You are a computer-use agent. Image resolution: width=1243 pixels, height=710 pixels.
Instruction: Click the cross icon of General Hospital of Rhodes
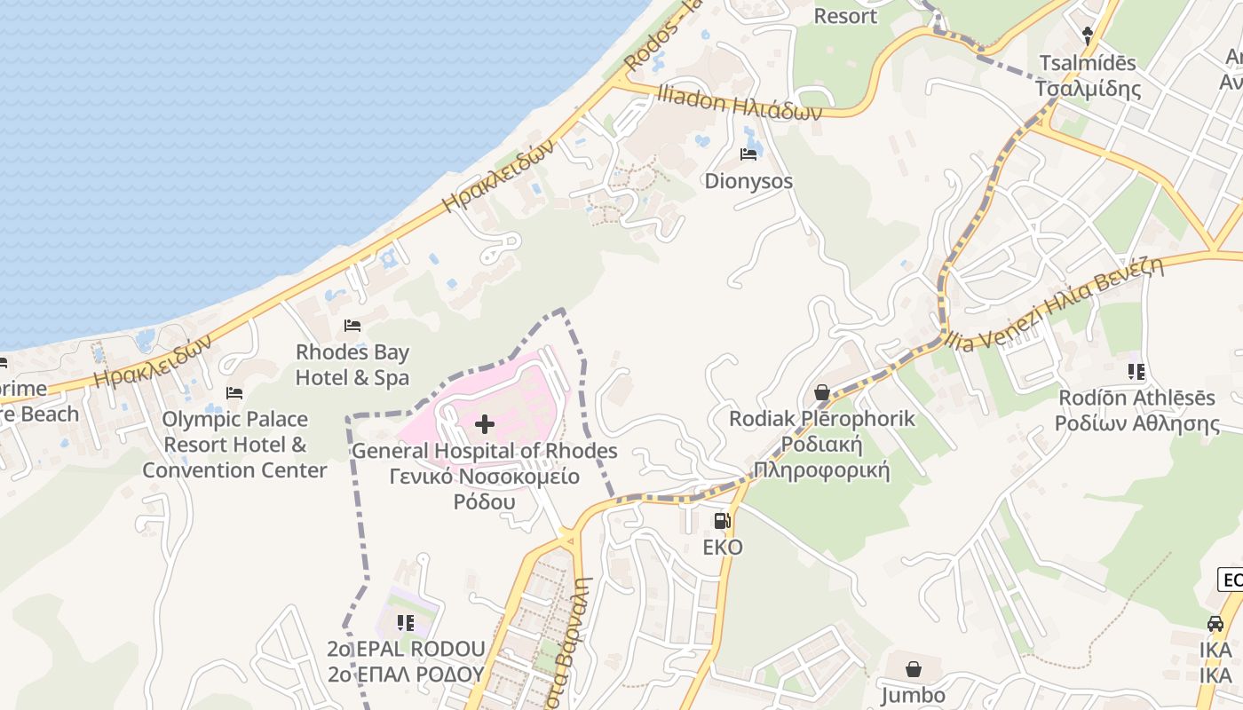485,424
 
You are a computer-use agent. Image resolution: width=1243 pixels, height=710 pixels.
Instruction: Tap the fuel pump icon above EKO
723,521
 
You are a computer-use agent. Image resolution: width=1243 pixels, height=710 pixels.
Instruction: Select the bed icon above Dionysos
748,154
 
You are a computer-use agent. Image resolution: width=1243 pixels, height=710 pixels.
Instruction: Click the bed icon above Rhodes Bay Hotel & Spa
352,326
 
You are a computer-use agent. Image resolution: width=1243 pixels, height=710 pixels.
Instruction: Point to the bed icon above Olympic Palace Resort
234,392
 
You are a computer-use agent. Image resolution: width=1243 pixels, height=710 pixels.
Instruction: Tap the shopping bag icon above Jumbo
913,669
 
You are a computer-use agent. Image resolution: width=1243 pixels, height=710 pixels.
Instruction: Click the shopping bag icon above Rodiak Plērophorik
822,391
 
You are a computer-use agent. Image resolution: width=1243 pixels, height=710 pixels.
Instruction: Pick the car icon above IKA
1215,624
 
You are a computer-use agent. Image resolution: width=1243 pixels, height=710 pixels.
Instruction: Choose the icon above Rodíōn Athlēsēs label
1136,371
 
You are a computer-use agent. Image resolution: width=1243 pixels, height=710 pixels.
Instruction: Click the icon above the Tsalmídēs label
1088,36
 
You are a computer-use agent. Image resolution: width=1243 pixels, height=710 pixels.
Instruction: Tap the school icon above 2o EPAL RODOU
406,623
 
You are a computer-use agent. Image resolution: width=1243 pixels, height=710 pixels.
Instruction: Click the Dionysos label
748,181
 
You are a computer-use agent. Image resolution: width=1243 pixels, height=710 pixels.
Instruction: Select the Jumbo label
913,695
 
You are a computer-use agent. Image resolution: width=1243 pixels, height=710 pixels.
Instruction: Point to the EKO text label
723,548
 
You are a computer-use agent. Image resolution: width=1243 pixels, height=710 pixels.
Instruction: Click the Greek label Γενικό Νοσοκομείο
485,477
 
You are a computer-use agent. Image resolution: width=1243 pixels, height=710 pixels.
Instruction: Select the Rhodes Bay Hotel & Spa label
352,365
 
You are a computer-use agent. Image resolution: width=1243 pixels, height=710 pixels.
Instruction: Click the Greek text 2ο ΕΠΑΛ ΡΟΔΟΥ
406,674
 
